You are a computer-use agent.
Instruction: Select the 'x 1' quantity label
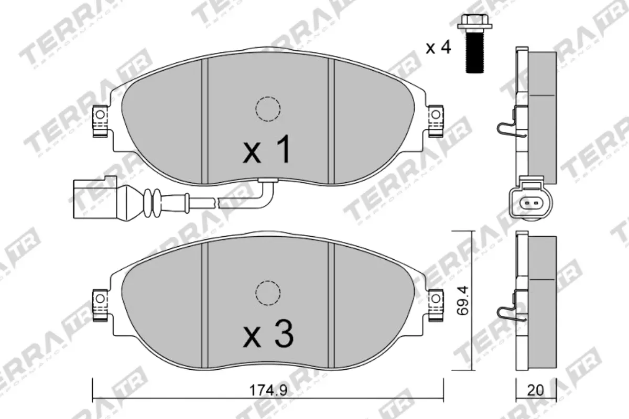pos(267,150)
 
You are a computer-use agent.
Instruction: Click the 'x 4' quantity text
pos(438,48)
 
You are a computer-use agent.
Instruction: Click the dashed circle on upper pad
pos(267,109)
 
